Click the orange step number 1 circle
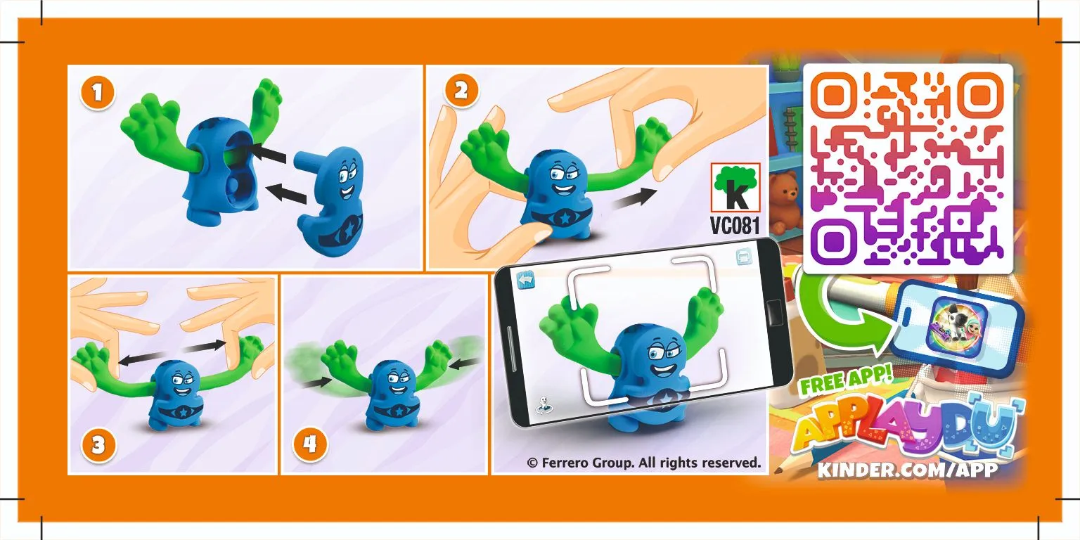tap(98, 92)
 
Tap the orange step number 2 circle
tap(461, 90)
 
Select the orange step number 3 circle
tap(98, 444)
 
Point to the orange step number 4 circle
tap(310, 444)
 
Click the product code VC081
tap(735, 225)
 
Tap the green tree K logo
tap(735, 188)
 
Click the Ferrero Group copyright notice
tap(643, 463)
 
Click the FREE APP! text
tap(846, 380)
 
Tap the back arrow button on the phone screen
tap(526, 280)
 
